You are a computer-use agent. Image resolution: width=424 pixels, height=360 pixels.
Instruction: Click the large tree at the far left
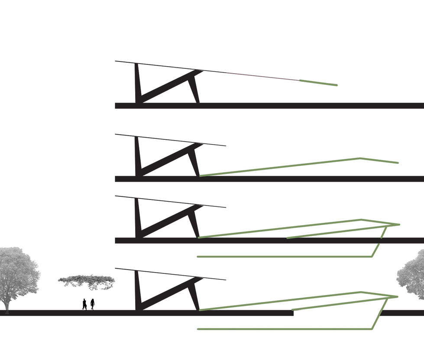(17, 273)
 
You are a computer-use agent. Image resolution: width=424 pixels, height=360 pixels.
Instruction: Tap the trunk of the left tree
(6, 305)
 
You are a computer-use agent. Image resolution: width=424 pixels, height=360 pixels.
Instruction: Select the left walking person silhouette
(84, 304)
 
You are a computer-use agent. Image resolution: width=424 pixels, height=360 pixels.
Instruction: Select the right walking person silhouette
(93, 304)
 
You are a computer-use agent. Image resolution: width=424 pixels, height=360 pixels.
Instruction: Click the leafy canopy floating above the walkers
(87, 281)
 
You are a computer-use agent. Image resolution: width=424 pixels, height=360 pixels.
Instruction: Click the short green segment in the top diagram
(318, 83)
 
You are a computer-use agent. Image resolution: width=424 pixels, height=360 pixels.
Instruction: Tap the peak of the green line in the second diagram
(360, 158)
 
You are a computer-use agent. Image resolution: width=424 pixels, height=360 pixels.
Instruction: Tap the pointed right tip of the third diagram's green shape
(398, 224)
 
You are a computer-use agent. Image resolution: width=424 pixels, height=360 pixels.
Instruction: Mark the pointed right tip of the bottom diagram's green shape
(397, 296)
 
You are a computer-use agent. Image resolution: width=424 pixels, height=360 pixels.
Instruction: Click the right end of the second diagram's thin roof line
(225, 146)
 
